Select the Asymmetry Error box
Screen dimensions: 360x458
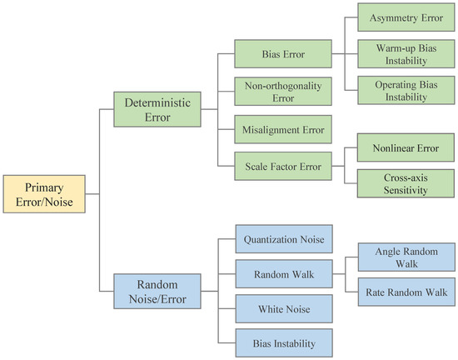click(x=406, y=17)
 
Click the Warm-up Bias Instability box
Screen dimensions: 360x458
click(x=406, y=53)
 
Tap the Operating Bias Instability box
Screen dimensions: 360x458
click(x=406, y=91)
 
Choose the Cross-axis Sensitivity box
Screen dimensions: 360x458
click(x=406, y=182)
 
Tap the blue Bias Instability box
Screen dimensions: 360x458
click(x=282, y=342)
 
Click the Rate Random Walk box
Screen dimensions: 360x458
click(x=406, y=292)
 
